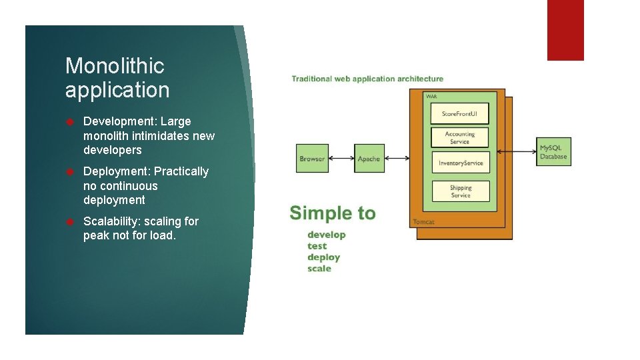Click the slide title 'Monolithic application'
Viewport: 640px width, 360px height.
117,77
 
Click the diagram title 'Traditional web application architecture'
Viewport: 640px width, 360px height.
367,79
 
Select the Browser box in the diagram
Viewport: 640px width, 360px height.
312,159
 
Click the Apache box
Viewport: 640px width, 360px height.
369,159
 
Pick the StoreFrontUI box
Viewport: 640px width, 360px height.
460,114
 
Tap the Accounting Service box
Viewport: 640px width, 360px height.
460,137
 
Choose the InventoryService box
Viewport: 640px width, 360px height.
460,163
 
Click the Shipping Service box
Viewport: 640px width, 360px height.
460,191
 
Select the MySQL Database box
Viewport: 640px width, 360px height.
554,151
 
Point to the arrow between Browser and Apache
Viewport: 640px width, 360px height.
341,159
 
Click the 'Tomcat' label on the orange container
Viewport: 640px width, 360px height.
423,221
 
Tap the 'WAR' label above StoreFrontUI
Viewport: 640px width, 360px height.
431,97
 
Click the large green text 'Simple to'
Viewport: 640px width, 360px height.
333,213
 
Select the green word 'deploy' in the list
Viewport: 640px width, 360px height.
323,257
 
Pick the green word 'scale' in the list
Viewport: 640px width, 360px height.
319,269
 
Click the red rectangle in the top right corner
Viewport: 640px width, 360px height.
565,30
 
